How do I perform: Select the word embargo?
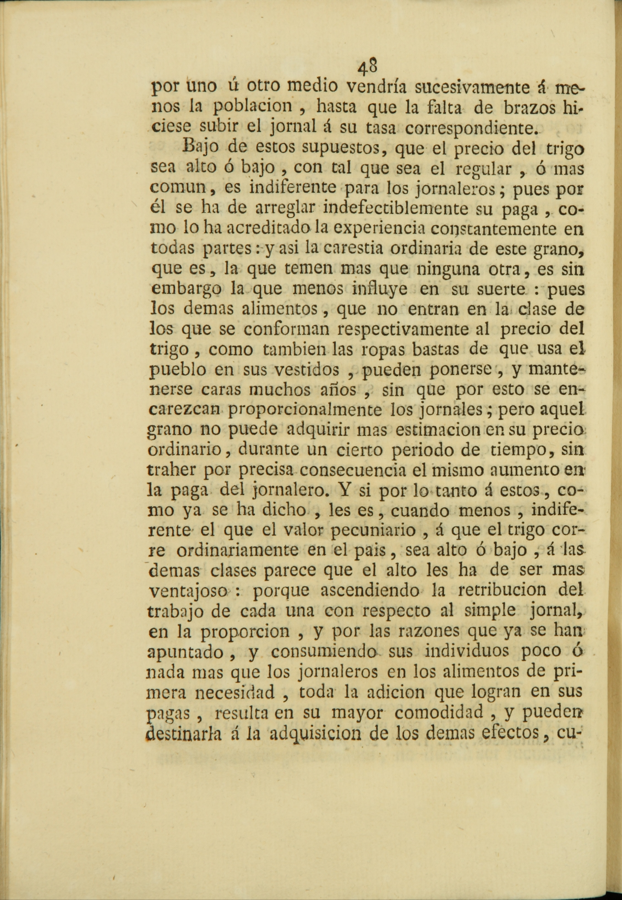(x=186, y=289)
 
